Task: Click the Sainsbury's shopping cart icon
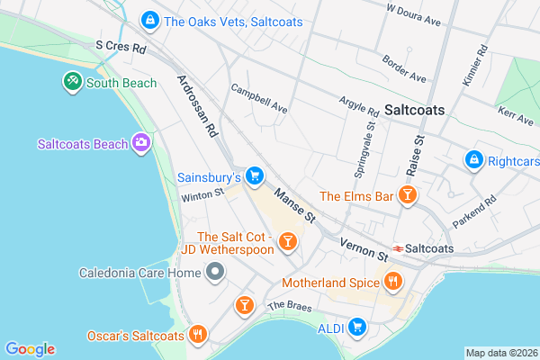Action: [x=255, y=175]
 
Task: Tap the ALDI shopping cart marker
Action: [x=357, y=327]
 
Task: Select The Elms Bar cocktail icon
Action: [x=408, y=195]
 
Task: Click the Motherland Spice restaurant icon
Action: [x=392, y=283]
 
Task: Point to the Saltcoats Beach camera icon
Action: [x=140, y=143]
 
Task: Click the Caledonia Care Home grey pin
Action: [x=214, y=272]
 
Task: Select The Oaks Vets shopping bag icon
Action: [x=150, y=19]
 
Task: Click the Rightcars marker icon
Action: [x=474, y=159]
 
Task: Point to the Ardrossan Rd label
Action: [x=198, y=106]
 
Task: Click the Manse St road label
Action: [x=295, y=205]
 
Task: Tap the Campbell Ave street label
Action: [x=258, y=100]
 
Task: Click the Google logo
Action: [x=31, y=349]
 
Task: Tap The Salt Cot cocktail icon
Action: [x=287, y=240]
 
